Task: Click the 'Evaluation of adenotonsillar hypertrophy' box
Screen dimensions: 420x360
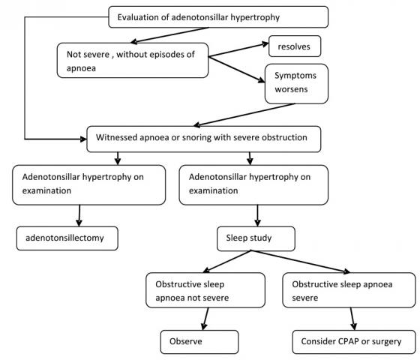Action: click(x=218, y=17)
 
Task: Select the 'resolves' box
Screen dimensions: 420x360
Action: click(x=295, y=46)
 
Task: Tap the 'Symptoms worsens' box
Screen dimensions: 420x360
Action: click(x=296, y=84)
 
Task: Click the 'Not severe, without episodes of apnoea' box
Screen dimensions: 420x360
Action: click(x=133, y=61)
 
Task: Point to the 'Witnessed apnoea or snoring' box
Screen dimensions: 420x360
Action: click(x=203, y=139)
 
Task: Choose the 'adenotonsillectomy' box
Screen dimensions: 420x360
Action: click(x=67, y=238)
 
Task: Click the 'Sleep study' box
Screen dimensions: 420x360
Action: click(x=256, y=238)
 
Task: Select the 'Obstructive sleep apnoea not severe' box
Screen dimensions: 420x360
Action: click(x=205, y=290)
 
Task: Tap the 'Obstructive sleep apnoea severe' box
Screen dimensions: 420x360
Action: click(x=349, y=290)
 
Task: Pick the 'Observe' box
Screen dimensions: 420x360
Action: click(x=199, y=342)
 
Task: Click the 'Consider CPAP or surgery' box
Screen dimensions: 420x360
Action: click(x=354, y=342)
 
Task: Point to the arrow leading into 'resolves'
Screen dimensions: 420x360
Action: click(x=238, y=50)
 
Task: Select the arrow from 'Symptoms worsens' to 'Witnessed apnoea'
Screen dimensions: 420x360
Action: click(x=244, y=115)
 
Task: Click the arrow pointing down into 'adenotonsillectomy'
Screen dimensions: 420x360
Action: click(x=79, y=216)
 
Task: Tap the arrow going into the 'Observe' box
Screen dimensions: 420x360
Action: click(x=205, y=319)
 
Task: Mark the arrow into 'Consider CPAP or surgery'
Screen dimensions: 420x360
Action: click(x=352, y=319)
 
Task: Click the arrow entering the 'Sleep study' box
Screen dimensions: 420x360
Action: click(x=258, y=216)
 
